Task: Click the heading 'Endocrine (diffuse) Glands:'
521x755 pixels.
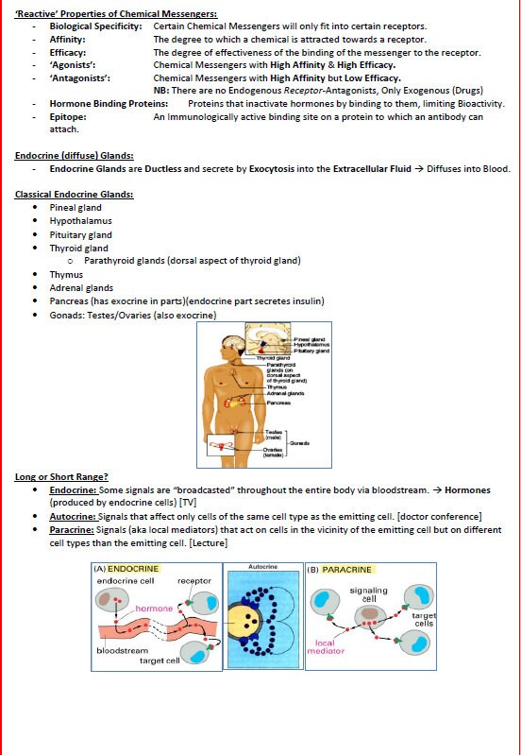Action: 74,155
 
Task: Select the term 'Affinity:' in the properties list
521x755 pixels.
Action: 67,40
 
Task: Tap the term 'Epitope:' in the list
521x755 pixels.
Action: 68,117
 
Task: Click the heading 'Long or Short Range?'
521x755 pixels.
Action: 61,476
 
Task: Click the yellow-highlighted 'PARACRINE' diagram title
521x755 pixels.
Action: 346,570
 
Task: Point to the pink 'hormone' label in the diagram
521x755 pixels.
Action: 154,609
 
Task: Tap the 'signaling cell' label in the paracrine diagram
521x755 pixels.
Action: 368,594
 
